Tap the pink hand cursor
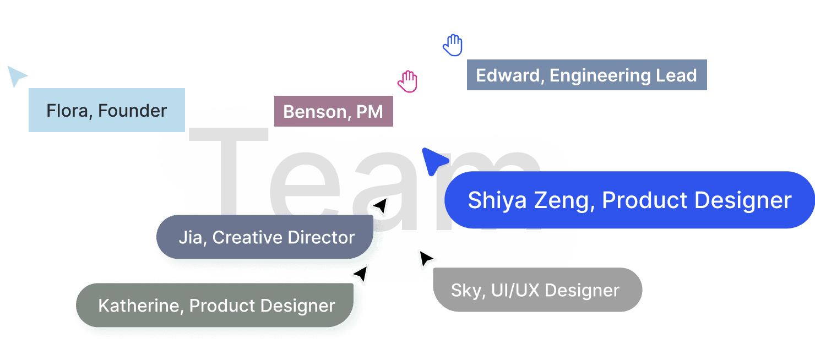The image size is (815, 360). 407,81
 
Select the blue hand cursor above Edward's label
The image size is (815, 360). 453,45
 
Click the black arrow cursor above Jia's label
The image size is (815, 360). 380,208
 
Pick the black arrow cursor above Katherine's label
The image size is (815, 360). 360,274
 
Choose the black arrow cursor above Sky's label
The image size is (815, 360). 426,259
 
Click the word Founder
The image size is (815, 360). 133,111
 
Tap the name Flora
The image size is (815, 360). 70,111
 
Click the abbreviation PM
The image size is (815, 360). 370,112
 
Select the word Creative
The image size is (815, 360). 246,238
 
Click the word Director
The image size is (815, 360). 322,238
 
